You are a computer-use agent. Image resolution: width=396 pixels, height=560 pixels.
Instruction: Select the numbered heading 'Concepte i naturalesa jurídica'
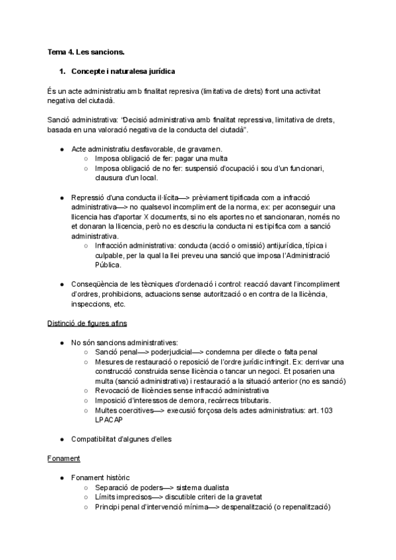pyautogui.click(x=123, y=71)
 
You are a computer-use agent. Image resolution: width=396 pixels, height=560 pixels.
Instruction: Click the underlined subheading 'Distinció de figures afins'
pyautogui.click(x=87, y=324)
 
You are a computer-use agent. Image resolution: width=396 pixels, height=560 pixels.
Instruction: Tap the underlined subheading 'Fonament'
pyautogui.click(x=63, y=458)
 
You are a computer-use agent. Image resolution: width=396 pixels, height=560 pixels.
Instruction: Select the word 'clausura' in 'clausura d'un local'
pyautogui.click(x=111, y=178)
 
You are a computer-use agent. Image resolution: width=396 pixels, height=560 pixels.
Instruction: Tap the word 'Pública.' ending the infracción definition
pyautogui.click(x=110, y=265)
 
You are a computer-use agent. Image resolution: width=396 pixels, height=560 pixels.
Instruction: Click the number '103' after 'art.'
pyautogui.click(x=326, y=411)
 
